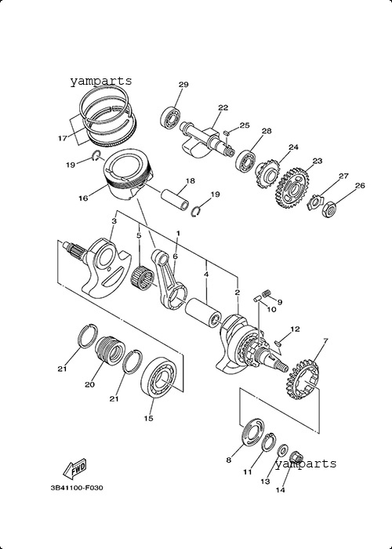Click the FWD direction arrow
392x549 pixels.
(75, 468)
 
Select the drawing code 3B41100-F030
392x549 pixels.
(77, 488)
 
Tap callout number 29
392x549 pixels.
(183, 85)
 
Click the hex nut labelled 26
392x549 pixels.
(329, 209)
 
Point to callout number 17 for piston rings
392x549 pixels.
(62, 138)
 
